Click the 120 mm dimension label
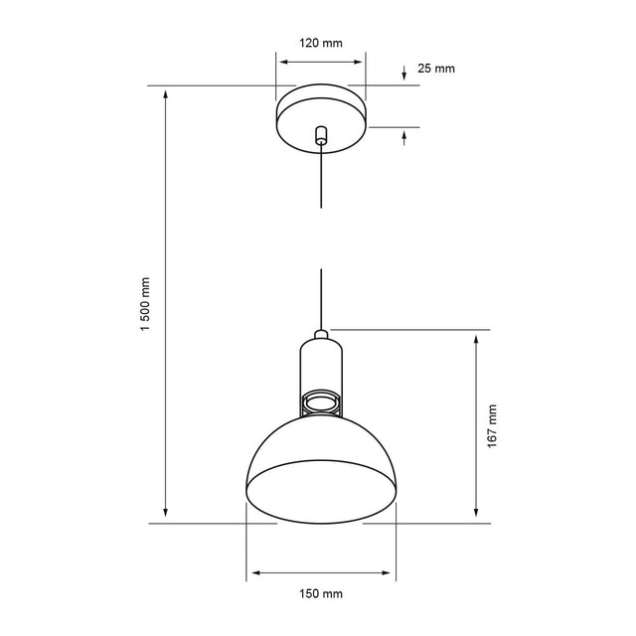click(321, 43)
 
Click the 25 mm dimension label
click(436, 69)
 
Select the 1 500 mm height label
click(145, 304)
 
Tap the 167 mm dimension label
click(492, 426)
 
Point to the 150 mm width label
click(321, 594)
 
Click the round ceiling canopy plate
click(321, 118)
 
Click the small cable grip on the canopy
click(321, 135)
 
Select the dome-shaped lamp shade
click(321, 470)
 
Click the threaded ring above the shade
click(321, 402)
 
